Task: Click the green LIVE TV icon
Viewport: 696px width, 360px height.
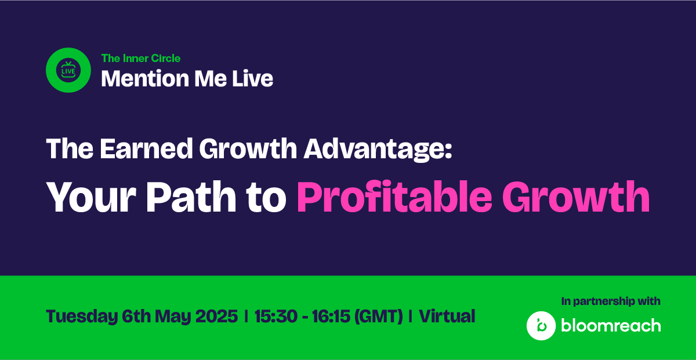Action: tap(68, 70)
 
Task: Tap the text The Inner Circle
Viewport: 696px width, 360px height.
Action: tap(141, 59)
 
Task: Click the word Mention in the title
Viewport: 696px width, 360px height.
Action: tap(145, 79)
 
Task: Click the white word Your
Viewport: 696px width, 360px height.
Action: tap(91, 197)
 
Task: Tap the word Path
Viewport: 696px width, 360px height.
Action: tap(191, 197)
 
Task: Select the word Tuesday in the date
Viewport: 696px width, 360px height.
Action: tap(82, 317)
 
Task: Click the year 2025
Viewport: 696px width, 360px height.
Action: tap(216, 316)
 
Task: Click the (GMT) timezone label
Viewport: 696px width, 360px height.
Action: tap(378, 317)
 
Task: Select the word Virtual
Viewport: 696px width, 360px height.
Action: tap(447, 316)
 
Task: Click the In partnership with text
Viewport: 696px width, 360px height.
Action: tap(611, 301)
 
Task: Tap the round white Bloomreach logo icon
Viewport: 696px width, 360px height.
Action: tap(541, 326)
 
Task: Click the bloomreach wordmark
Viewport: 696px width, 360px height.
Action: tap(611, 326)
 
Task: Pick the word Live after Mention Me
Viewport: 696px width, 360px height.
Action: tap(253, 79)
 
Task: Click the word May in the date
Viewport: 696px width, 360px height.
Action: tap(172, 317)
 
